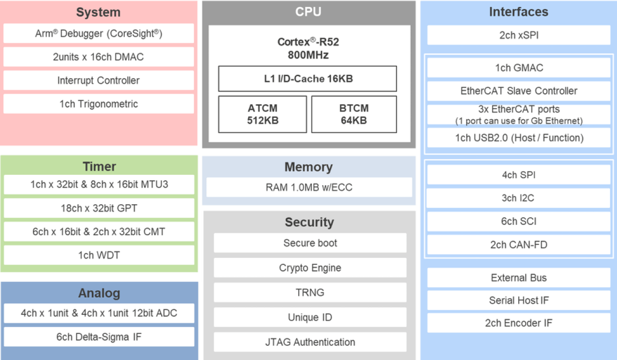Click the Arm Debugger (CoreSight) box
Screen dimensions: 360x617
point(98,34)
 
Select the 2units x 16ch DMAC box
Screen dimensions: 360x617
point(98,57)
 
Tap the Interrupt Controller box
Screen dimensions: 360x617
point(98,81)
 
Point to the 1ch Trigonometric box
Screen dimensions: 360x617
point(98,104)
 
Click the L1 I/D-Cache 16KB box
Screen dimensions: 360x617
point(307,79)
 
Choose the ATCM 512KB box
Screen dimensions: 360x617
point(262,114)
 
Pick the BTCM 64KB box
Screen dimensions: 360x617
point(354,114)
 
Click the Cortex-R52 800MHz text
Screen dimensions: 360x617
point(308,48)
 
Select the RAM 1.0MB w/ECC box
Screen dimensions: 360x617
point(308,187)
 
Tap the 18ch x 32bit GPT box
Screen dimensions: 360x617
point(99,208)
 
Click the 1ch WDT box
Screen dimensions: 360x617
point(99,255)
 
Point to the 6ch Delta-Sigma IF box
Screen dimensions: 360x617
point(99,337)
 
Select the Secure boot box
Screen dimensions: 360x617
point(310,243)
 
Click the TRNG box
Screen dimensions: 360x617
point(310,292)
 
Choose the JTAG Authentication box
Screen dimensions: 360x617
point(310,342)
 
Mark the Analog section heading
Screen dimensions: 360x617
point(99,293)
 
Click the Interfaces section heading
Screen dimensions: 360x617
point(518,12)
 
